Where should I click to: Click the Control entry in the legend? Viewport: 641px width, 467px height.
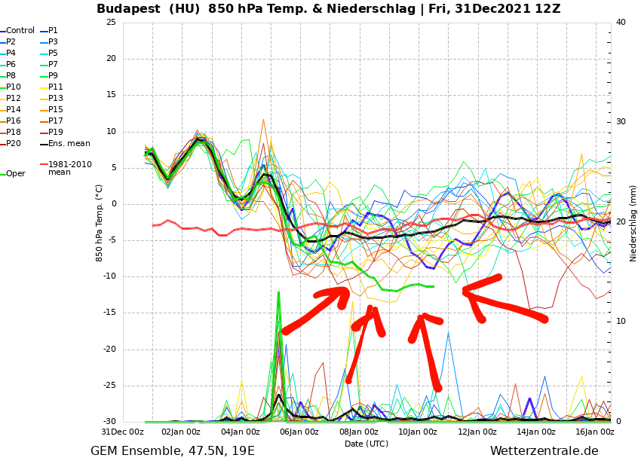pyautogui.click(x=20, y=31)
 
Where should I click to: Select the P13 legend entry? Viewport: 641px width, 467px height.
pyautogui.click(x=55, y=99)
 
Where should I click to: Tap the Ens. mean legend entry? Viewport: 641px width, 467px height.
pyautogui.click(x=69, y=144)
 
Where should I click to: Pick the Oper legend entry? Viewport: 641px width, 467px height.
pyautogui.click(x=15, y=174)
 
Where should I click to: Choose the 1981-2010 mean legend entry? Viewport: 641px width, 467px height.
pyautogui.click(x=69, y=168)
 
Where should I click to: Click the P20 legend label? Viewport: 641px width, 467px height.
pyautogui.click(x=14, y=144)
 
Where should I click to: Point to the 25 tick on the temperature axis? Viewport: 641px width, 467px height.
pyautogui.click(x=111, y=23)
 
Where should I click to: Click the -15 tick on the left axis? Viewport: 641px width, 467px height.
pyautogui.click(x=109, y=313)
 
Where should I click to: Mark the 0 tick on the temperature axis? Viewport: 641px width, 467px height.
pyautogui.click(x=113, y=204)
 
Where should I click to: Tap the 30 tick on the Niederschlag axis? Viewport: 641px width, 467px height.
pyautogui.click(x=621, y=122)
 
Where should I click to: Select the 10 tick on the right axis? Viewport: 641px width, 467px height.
pyautogui.click(x=621, y=322)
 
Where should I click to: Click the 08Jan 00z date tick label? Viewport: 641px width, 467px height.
pyautogui.click(x=359, y=432)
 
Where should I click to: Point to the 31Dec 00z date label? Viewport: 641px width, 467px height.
pyautogui.click(x=122, y=432)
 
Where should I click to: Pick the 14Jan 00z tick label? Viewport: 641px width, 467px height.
pyautogui.click(x=536, y=432)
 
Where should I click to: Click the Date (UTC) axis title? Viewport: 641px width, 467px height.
pyautogui.click(x=366, y=444)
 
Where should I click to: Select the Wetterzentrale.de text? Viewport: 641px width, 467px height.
pyautogui.click(x=544, y=451)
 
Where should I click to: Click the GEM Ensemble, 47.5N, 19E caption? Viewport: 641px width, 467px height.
pyautogui.click(x=173, y=451)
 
